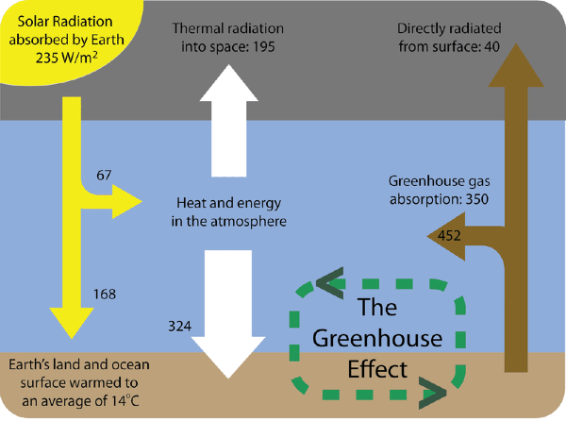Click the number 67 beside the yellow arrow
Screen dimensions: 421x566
click(104, 176)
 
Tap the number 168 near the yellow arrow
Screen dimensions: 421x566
click(106, 295)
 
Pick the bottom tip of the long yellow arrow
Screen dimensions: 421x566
click(69, 337)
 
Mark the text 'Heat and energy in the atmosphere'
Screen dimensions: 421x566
click(231, 211)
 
